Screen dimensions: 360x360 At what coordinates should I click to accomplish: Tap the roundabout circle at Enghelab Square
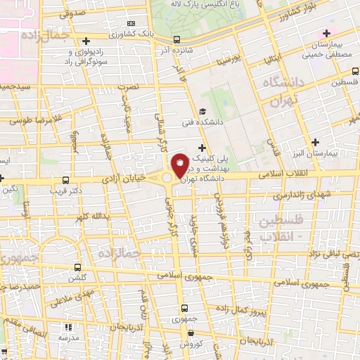tap(167, 179)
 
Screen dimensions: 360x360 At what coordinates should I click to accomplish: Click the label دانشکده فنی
tap(221, 122)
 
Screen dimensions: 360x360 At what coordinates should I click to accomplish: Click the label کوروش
tap(191, 345)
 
